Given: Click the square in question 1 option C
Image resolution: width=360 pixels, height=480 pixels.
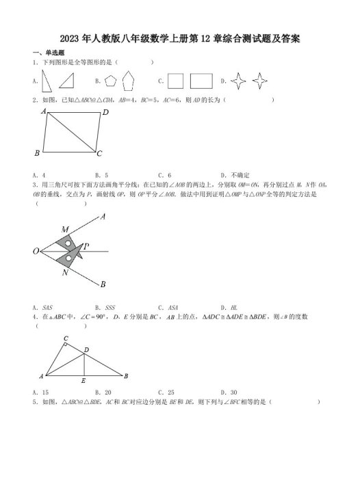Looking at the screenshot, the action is click(x=175, y=81).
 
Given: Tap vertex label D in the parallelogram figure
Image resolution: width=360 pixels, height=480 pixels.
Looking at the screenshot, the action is click(x=105, y=112).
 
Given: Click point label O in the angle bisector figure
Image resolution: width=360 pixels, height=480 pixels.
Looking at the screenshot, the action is click(x=36, y=252).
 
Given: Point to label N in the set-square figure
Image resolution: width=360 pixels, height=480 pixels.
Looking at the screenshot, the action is click(x=64, y=274).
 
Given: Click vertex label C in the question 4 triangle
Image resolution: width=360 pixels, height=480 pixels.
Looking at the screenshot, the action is click(x=66, y=338).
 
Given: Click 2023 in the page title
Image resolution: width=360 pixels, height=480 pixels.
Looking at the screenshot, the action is click(x=72, y=39).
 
